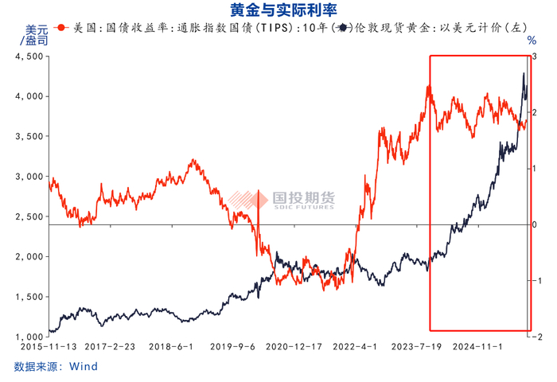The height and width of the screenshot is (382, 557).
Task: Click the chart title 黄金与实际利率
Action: tap(278, 10)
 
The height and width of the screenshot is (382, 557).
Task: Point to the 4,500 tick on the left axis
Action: tap(29, 57)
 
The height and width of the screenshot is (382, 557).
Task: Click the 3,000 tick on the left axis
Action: tap(29, 177)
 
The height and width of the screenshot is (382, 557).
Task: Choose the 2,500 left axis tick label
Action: tap(29, 216)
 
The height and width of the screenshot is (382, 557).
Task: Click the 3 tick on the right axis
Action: tap(536, 57)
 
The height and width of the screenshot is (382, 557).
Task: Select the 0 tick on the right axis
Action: tap(536, 224)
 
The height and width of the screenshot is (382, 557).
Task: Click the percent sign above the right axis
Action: tap(532, 40)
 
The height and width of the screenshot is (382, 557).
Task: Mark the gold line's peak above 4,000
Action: tap(523, 73)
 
